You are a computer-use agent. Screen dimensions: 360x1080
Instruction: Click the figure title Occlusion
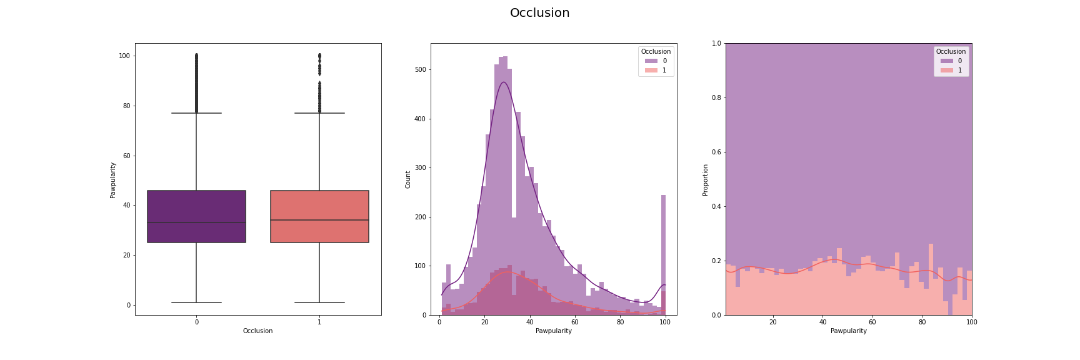tap(539, 13)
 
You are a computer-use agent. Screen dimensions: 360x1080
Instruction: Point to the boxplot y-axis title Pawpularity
tap(113, 180)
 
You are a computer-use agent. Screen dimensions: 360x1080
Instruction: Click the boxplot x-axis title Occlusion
tap(257, 331)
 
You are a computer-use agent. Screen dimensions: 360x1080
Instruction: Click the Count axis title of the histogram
tap(408, 179)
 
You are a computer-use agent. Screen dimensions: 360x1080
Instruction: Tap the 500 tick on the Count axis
tap(420, 69)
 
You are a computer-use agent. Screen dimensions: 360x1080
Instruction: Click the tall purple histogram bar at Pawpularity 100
tap(663, 250)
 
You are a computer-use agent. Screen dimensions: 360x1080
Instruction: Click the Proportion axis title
tap(706, 180)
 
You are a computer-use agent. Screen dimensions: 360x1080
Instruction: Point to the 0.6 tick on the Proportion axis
tap(716, 152)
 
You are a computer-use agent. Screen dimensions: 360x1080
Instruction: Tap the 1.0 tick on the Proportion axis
tap(716, 43)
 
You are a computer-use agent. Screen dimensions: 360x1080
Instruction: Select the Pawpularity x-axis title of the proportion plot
tap(848, 331)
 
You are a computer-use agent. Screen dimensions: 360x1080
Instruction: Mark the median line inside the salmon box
tap(319, 220)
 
